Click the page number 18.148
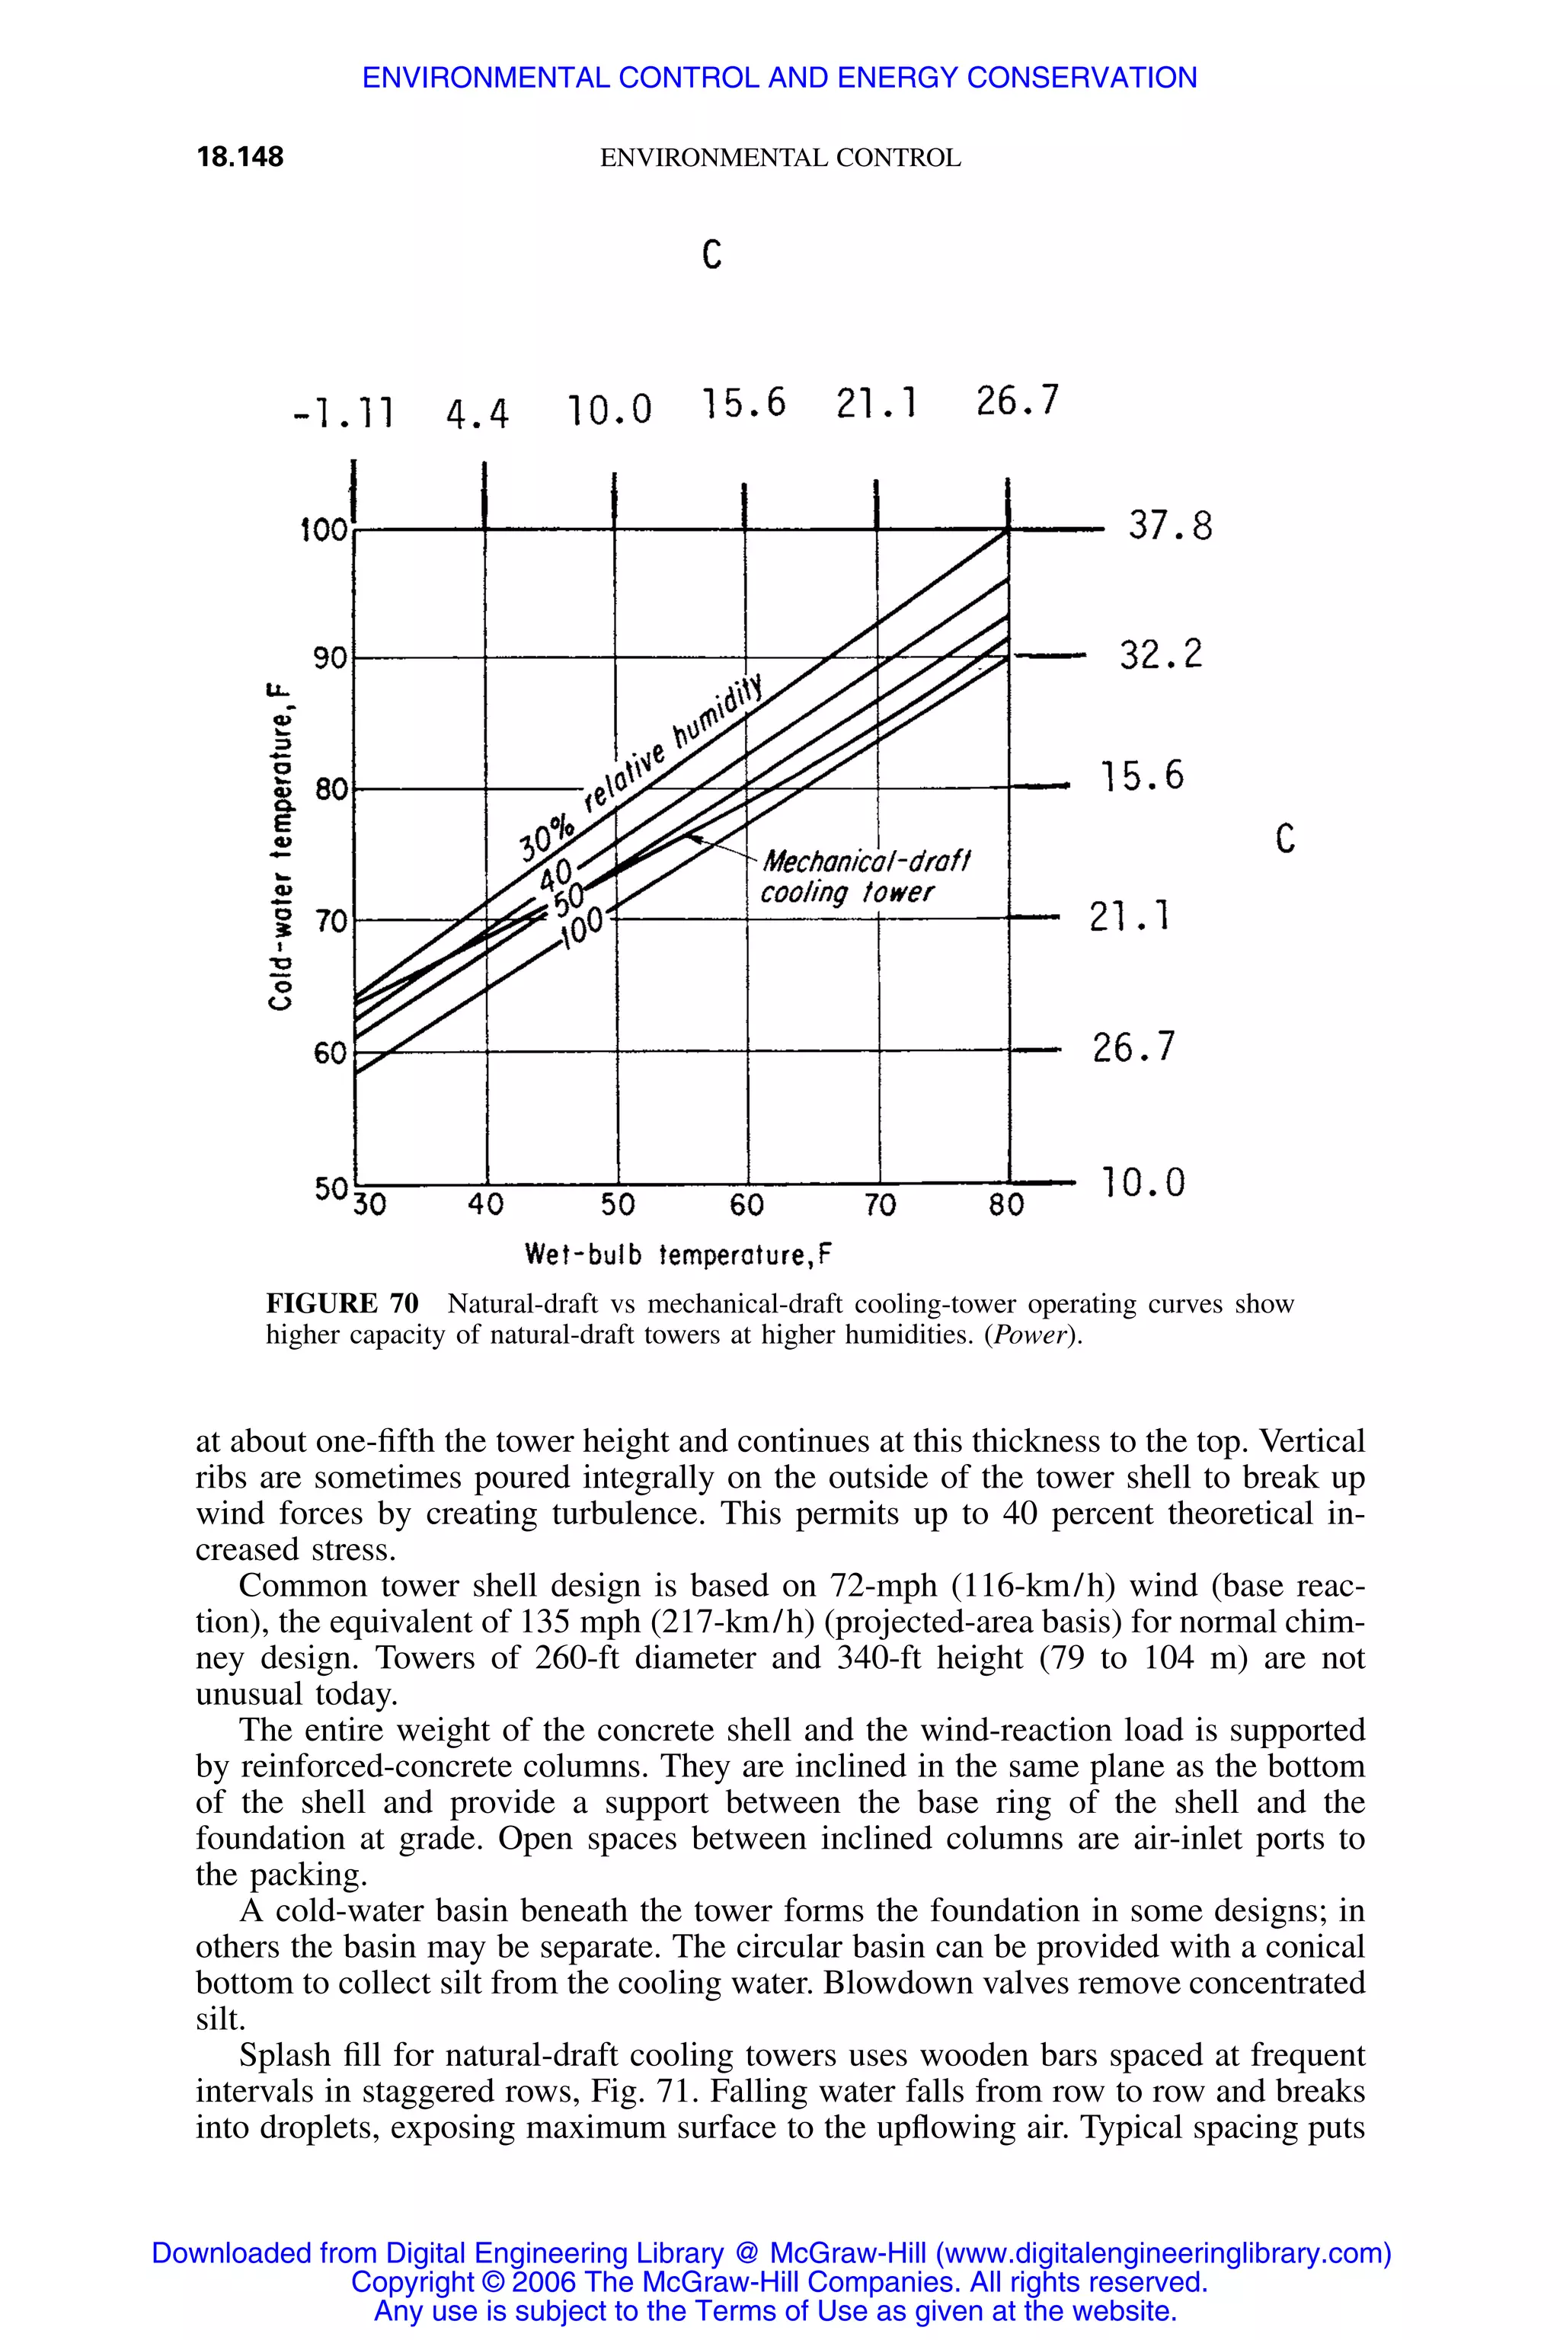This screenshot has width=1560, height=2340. click(240, 157)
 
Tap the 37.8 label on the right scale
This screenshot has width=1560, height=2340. click(1170, 526)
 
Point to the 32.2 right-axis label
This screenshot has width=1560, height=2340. click(1160, 654)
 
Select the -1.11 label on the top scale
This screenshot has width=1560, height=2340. click(344, 412)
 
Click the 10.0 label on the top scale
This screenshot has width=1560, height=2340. click(610, 409)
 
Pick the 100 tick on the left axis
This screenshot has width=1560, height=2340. click(323, 530)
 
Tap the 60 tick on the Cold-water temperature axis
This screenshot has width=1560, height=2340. click(329, 1052)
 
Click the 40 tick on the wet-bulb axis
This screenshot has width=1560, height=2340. click(487, 1206)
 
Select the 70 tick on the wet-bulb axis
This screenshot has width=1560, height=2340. click(880, 1206)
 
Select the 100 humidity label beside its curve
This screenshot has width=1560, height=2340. click(583, 929)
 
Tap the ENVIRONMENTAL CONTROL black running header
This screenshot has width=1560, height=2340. click(780, 158)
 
